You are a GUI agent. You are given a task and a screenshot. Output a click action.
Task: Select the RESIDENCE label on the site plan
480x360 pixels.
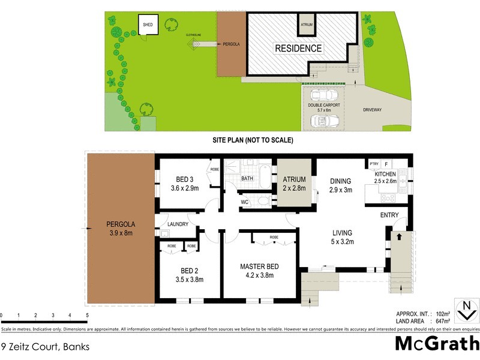point(298,49)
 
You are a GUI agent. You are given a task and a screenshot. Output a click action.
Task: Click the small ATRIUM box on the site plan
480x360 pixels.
point(307,25)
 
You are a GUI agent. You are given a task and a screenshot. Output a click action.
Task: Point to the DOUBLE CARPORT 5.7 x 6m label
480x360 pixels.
point(324,107)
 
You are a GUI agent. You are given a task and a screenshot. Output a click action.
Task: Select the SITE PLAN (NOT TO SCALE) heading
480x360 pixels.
point(253,140)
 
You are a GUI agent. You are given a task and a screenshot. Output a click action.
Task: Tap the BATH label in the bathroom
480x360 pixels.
point(247,179)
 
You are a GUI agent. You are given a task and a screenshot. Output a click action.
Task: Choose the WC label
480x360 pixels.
point(244,202)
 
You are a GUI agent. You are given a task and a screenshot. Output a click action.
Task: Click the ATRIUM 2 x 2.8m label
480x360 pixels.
point(294,184)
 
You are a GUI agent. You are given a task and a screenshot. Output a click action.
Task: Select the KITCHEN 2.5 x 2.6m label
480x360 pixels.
point(385,178)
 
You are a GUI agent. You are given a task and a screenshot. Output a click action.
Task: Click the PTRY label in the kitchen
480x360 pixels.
point(373,163)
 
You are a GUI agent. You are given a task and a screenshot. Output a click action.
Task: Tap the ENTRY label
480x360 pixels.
point(389,215)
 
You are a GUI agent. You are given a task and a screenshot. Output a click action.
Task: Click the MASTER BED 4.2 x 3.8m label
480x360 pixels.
point(260,271)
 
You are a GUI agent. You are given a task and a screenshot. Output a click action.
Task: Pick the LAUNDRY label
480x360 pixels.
point(179,224)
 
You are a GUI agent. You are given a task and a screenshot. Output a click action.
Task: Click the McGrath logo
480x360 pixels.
point(436,343)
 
